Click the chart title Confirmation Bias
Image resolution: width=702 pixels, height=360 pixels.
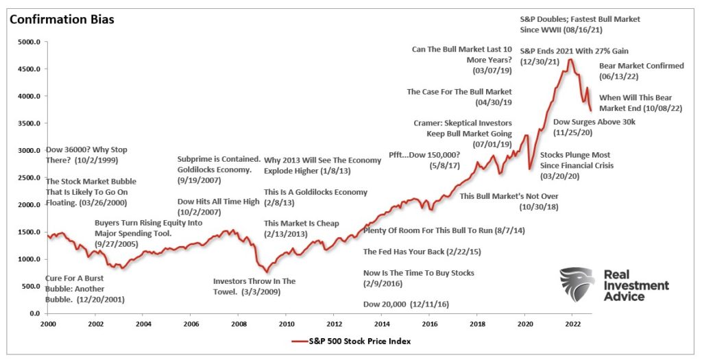pyautogui.click(x=62, y=19)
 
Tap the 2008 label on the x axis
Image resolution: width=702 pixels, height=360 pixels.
pyautogui.click(x=238, y=323)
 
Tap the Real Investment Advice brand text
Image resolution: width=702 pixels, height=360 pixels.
pyautogui.click(x=636, y=285)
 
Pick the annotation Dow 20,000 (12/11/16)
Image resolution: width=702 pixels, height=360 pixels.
pyautogui.click(x=406, y=304)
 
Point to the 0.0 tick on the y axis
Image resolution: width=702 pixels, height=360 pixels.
pyautogui.click(x=34, y=313)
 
